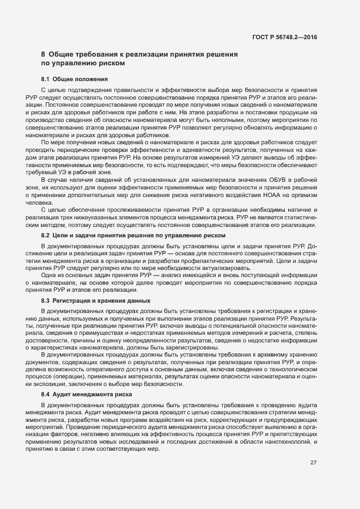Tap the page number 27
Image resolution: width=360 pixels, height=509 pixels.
pyautogui.click(x=313, y=463)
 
